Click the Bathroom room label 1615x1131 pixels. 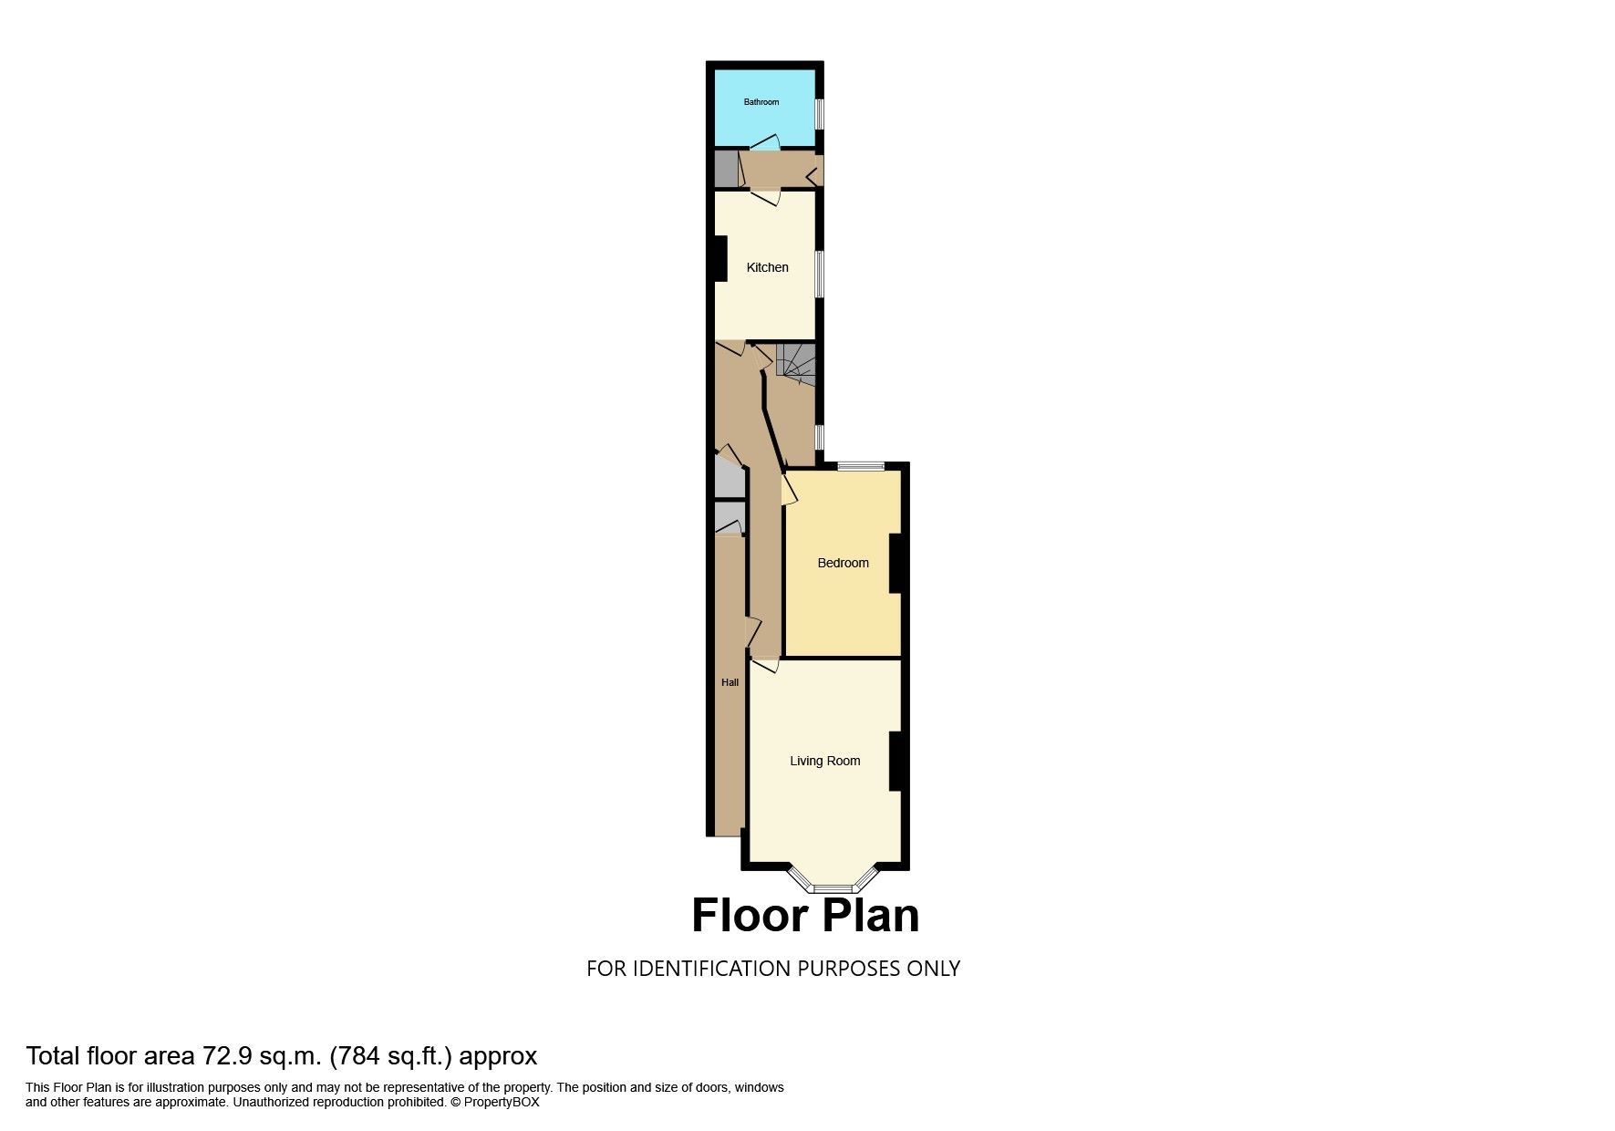tap(761, 102)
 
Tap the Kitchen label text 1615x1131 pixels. tap(767, 267)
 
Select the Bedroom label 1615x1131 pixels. tap(843, 563)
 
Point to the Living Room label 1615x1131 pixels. tap(824, 761)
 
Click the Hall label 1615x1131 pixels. tap(730, 682)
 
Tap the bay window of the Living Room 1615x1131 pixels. tap(832, 881)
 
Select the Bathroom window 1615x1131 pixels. tap(820, 114)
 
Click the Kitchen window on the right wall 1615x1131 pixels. tap(820, 274)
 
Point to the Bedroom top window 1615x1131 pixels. tap(861, 467)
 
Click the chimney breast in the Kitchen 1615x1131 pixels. tap(720, 259)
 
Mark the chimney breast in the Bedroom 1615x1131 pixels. tap(895, 563)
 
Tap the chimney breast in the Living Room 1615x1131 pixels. tap(895, 761)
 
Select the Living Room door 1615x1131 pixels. tap(764, 665)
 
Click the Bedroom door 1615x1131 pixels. tap(790, 488)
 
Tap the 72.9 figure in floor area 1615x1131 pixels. tap(225, 1056)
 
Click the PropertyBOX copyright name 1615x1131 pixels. tap(502, 1102)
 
